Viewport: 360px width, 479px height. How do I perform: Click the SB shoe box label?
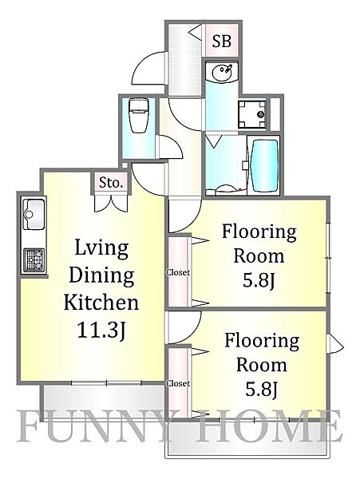pyautogui.click(x=221, y=42)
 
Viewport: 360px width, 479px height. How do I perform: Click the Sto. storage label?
pyautogui.click(x=111, y=183)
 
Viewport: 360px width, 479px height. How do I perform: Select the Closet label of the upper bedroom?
pyautogui.click(x=178, y=272)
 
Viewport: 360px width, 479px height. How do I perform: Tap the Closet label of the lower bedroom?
pyautogui.click(x=178, y=383)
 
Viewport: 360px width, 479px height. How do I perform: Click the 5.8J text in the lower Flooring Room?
pyautogui.click(x=261, y=391)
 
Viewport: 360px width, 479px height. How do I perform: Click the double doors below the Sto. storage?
pyautogui.click(x=111, y=203)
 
